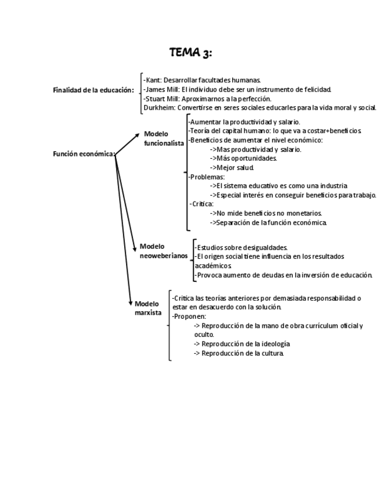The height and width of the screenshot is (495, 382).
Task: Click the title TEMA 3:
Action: pos(191,53)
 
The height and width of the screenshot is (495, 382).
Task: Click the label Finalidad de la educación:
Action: pos(93,90)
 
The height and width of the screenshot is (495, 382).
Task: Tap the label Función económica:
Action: pos(84,155)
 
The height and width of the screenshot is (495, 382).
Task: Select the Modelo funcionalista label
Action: pos(164,138)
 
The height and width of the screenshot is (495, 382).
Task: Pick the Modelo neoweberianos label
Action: pos(164,251)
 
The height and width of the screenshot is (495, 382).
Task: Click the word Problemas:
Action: pos(208,177)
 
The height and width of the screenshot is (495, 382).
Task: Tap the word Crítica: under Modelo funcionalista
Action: pos(203,204)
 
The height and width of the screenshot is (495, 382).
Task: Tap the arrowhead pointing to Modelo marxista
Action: pos(131,303)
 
